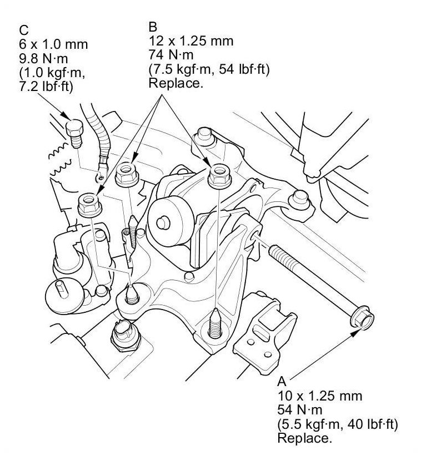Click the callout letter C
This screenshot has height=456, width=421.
click(x=24, y=31)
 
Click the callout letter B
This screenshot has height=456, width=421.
click(x=153, y=27)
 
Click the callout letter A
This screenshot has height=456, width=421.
click(x=282, y=381)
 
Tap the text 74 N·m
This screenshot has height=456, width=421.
click(x=171, y=55)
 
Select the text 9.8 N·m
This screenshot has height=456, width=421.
click(x=44, y=59)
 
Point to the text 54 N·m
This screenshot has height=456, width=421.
click(x=300, y=410)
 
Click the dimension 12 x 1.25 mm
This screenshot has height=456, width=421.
click(x=191, y=40)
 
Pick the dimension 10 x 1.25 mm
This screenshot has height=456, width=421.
click(x=320, y=396)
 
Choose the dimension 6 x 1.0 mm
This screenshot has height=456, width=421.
click(x=53, y=44)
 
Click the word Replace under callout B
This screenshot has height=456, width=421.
click(x=176, y=83)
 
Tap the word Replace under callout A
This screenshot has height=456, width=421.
click(x=304, y=438)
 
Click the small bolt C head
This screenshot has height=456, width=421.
click(x=74, y=128)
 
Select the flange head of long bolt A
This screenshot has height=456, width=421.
click(x=362, y=318)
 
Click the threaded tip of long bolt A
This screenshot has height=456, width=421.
click(x=275, y=251)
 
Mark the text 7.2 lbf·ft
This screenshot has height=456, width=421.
click(x=46, y=87)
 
